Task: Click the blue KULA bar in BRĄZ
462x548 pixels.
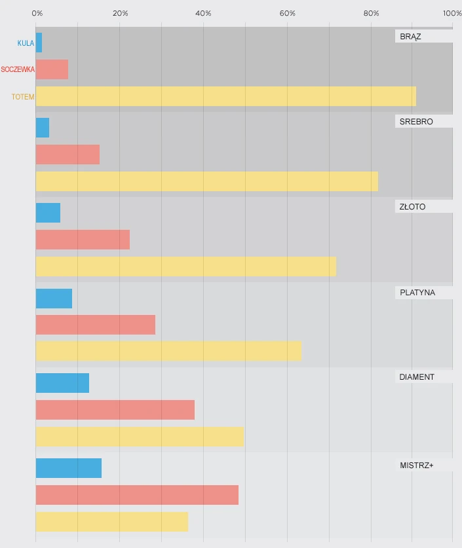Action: pos(39,43)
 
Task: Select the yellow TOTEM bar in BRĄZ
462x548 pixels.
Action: pos(225,96)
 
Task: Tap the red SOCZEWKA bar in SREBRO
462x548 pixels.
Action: pos(67,155)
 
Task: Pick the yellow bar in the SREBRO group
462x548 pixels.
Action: pos(206,181)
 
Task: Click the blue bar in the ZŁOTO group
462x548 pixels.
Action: pos(48,213)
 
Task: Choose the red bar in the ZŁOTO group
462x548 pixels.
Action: pos(83,240)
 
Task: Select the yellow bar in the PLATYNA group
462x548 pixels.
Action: pos(168,351)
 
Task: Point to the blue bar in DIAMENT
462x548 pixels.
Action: pos(62,383)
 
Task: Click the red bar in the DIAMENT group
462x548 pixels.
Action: pos(115,410)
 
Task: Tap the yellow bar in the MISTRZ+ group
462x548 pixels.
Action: pos(111,522)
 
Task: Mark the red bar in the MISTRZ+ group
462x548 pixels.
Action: pos(137,495)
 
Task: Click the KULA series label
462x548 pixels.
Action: pos(26,43)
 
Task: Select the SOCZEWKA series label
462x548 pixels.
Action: pos(18,69)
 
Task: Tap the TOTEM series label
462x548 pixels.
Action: pos(23,97)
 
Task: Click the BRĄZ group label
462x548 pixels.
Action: pos(410,37)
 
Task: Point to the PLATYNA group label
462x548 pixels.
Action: pos(417,293)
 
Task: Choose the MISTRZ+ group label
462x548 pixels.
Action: pos(416,466)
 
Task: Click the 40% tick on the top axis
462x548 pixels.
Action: pos(204,13)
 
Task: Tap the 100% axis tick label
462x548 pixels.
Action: pos(452,13)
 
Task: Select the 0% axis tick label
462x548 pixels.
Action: pos(37,13)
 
